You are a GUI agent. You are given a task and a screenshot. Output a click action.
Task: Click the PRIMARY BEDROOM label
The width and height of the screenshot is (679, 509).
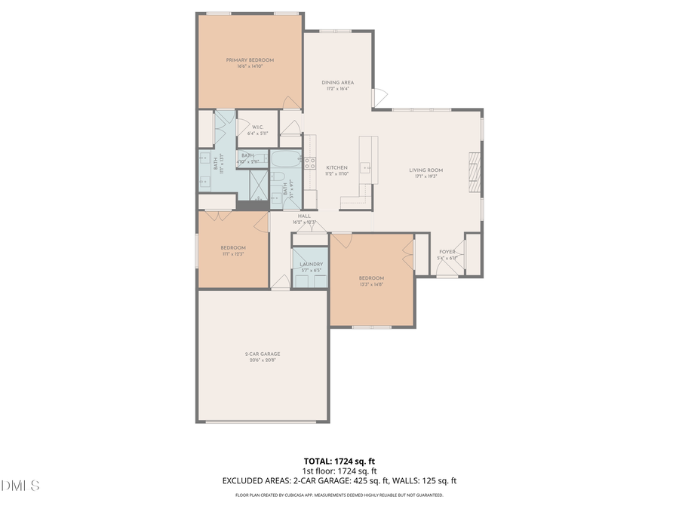click(250, 60)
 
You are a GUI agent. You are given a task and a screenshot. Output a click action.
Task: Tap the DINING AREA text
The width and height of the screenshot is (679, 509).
click(337, 82)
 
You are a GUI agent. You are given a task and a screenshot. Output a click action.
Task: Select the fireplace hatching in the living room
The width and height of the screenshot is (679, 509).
click(474, 173)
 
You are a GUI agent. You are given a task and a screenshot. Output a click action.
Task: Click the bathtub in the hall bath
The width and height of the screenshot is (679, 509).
click(285, 160)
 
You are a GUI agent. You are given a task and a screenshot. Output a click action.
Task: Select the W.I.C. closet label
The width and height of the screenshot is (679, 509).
click(257, 127)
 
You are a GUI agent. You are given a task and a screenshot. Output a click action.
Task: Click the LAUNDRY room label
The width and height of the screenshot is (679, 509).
click(311, 264)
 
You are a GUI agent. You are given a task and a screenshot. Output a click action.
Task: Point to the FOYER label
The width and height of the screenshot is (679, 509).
click(447, 252)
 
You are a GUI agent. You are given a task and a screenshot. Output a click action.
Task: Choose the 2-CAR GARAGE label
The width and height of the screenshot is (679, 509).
click(262, 354)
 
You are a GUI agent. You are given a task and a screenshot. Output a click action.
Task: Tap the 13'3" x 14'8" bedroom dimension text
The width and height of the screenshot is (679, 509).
click(371, 285)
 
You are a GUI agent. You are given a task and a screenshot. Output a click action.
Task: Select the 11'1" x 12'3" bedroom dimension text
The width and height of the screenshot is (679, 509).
click(233, 254)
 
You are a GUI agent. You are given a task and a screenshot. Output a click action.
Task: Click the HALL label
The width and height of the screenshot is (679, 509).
click(304, 216)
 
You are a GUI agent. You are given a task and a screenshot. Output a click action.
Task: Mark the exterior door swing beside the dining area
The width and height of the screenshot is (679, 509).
click(380, 97)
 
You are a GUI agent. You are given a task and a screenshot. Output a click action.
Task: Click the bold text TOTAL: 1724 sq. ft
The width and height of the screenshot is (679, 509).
click(339, 460)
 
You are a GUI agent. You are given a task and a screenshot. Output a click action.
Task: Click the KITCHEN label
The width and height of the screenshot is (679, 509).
click(336, 167)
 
